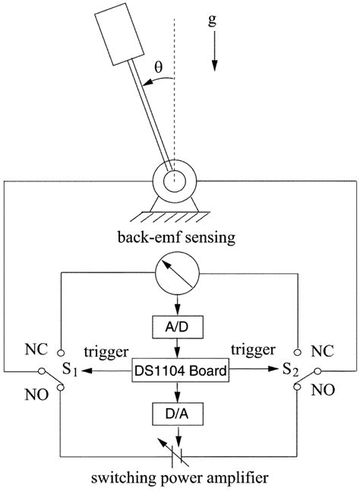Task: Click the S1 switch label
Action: [x=71, y=372]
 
